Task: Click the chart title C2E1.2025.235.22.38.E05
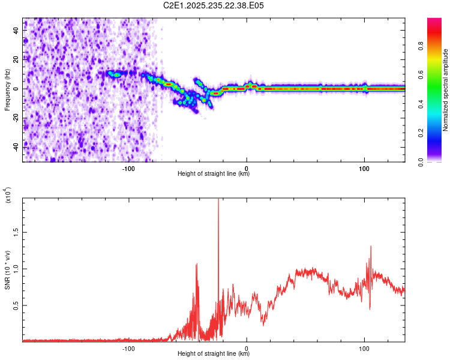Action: (x=214, y=5)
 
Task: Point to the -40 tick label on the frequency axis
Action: (x=17, y=146)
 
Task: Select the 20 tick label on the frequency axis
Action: (x=17, y=59)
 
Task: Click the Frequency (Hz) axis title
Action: (x=7, y=89)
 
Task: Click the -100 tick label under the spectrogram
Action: (x=128, y=168)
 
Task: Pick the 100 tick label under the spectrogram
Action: (x=364, y=168)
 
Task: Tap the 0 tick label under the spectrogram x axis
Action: (x=247, y=168)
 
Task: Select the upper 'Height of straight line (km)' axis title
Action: (x=214, y=174)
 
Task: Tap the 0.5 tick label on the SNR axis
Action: (x=17, y=305)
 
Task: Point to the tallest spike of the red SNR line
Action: (x=218, y=200)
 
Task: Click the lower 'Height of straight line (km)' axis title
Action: (x=214, y=354)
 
